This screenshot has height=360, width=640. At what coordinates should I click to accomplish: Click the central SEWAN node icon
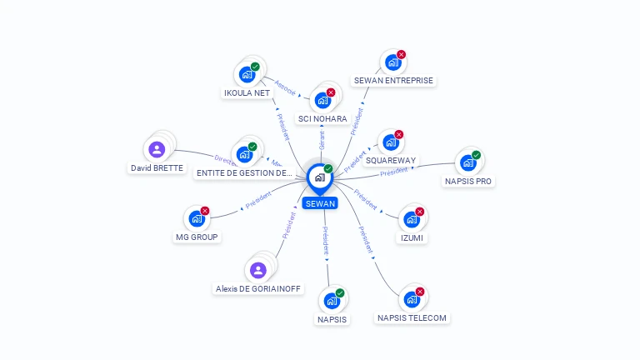pos(319,177)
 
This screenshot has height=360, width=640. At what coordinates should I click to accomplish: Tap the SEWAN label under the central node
pos(320,203)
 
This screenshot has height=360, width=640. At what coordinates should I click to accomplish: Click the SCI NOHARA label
pos(322,119)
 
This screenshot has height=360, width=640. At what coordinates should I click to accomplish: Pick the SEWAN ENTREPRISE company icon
pos(392,62)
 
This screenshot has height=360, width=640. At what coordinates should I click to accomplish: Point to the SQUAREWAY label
pos(391,160)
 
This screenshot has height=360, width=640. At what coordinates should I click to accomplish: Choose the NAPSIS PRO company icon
pos(467,162)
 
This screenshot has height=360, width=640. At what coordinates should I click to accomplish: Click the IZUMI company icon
pos(411,220)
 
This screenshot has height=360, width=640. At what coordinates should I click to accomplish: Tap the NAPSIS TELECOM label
pos(412,317)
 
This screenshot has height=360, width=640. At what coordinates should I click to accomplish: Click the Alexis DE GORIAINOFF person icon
pos(257,270)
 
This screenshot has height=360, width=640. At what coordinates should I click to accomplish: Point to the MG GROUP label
pos(197,237)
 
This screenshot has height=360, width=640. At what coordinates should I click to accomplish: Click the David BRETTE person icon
pos(156,150)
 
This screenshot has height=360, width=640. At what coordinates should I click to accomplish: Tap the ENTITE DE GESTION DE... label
pos(243,173)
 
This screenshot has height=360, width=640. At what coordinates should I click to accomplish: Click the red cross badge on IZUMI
pos(420,212)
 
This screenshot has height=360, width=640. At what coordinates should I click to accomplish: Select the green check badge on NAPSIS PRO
pos(477,154)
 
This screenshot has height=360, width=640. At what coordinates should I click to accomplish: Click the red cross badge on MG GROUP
pos(205,211)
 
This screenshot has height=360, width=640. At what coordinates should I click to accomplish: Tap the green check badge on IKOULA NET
pos(255,67)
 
